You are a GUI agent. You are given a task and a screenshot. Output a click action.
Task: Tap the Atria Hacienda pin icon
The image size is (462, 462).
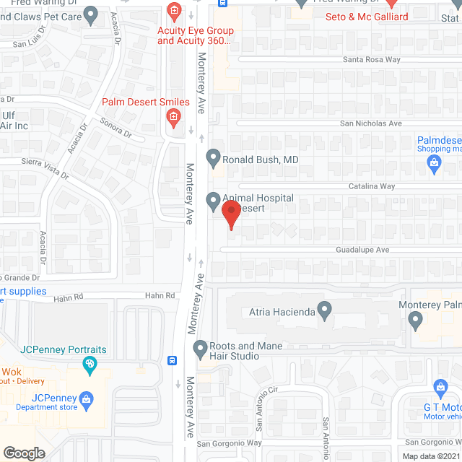(325, 313)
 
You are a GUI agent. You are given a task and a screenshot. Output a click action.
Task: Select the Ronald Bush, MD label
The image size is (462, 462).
(261, 159)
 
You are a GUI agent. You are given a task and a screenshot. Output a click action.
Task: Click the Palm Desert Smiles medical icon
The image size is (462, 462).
(173, 117)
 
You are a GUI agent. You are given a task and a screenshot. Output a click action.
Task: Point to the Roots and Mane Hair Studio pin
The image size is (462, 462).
(201, 350)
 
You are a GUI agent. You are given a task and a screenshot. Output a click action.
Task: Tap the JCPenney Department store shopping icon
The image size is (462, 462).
(86, 398)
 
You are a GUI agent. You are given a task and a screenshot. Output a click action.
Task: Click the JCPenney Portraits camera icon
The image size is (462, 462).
(90, 363)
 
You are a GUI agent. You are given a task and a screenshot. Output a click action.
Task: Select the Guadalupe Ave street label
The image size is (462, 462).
(362, 250)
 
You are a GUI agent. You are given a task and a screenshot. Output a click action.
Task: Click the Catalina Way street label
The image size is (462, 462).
(368, 186)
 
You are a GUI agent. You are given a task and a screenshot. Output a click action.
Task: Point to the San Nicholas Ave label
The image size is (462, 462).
(371, 123)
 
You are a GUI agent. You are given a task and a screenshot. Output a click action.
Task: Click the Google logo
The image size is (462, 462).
(24, 453)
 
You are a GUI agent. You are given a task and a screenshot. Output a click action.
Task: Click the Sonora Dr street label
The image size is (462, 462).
(116, 128)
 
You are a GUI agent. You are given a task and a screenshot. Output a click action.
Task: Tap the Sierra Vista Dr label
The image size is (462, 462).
(45, 168)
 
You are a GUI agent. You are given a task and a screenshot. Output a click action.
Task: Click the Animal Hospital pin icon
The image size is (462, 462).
(213, 200)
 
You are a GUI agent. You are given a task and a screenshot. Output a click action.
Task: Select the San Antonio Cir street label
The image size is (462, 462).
(263, 400)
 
